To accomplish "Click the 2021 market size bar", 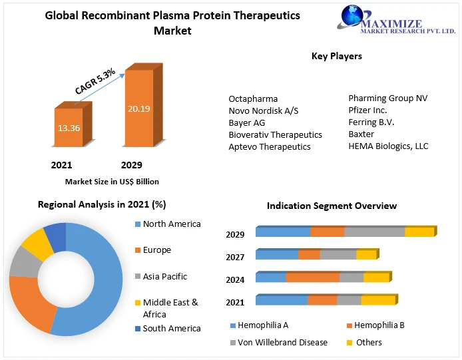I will point(69,126).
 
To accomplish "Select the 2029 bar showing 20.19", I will point(139,106).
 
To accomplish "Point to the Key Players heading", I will point(337,57).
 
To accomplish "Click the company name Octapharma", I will point(253,98).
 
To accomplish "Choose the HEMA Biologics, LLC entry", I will point(388,146).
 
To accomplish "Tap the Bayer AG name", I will point(246,122).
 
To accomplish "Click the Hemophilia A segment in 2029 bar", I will point(283,232).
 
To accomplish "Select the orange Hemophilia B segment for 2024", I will point(312,277).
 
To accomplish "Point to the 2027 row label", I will point(235,257).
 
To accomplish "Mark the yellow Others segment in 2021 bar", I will point(377,300).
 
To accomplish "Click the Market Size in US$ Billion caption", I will point(112,181).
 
